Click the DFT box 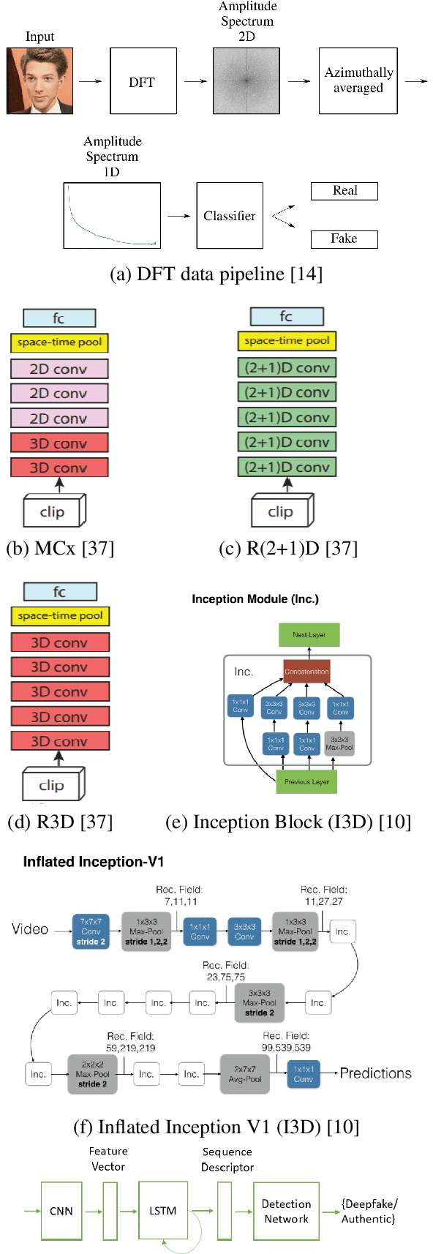(x=143, y=81)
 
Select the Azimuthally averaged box (x=358, y=80)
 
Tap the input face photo (x=39, y=80)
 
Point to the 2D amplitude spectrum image (x=246, y=80)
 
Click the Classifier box (x=230, y=216)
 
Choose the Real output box (x=344, y=191)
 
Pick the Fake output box (x=344, y=239)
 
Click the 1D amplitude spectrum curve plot (x=112, y=216)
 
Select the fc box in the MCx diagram (x=59, y=318)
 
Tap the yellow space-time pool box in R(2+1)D (x=287, y=341)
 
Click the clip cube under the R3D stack (x=53, y=784)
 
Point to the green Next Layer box (x=309, y=635)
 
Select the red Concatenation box (x=306, y=671)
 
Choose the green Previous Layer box (x=306, y=781)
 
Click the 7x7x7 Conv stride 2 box (x=91, y=931)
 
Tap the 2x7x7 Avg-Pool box (x=245, y=1073)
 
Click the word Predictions (x=375, y=1073)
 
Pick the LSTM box (x=163, y=1211)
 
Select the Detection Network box (x=286, y=1211)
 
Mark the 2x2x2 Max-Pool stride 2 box (x=92, y=1073)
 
